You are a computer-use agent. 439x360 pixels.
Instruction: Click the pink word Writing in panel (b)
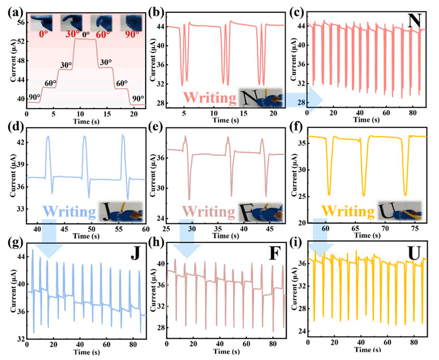point(205,98)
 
